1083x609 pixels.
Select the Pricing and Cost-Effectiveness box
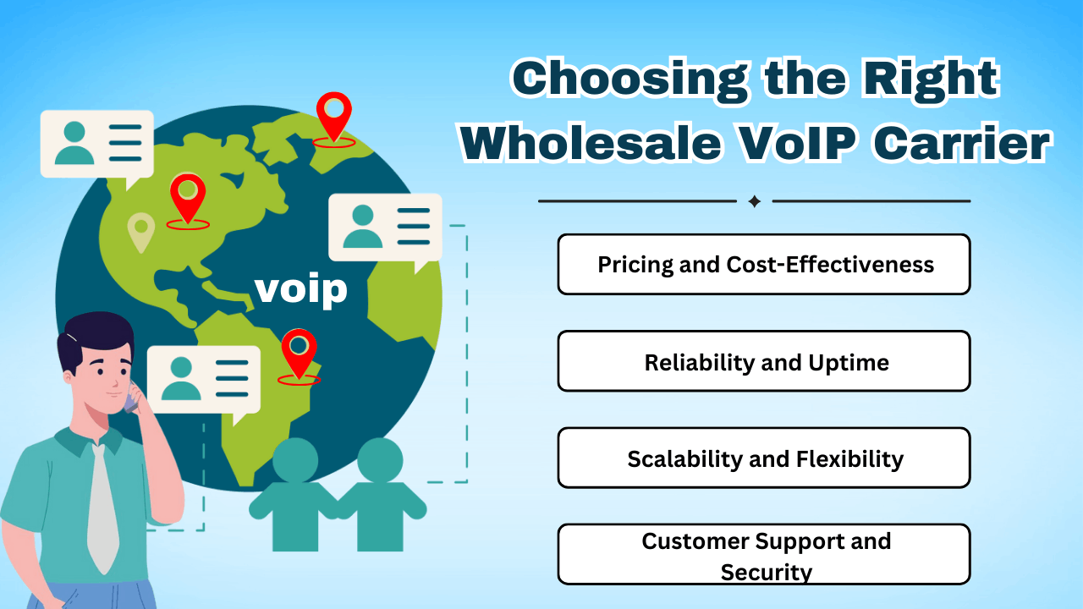pos(764,265)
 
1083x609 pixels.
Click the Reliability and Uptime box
pos(764,362)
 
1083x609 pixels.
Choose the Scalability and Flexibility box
pos(764,458)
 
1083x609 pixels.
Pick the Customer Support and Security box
pos(764,555)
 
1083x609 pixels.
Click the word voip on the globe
pos(300,289)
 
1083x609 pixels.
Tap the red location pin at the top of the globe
pos(334,114)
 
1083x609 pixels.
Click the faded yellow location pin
pos(140,230)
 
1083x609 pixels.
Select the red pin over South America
pos(299,350)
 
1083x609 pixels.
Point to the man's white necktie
pos(103,507)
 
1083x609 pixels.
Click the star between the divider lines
pos(755,201)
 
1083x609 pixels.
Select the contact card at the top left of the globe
pos(97,144)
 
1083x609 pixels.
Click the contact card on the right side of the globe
pos(385,227)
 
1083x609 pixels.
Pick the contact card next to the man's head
pos(203,378)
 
